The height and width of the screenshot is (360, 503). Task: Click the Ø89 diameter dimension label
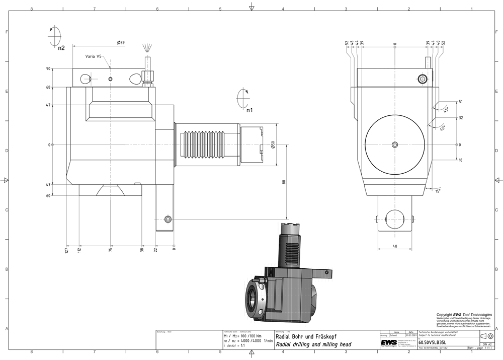121,43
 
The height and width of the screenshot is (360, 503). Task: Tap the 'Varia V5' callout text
94,56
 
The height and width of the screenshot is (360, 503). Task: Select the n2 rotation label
61,48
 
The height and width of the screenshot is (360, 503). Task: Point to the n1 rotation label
249,109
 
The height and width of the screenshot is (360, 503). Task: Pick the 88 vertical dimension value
283,182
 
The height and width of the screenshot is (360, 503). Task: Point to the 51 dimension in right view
460,102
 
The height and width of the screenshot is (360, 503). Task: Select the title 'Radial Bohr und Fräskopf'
306,336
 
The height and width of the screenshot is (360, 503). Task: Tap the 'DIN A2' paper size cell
486,343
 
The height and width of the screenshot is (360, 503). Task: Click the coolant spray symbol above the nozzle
147,48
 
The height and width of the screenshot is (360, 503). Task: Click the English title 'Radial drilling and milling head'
313,344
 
